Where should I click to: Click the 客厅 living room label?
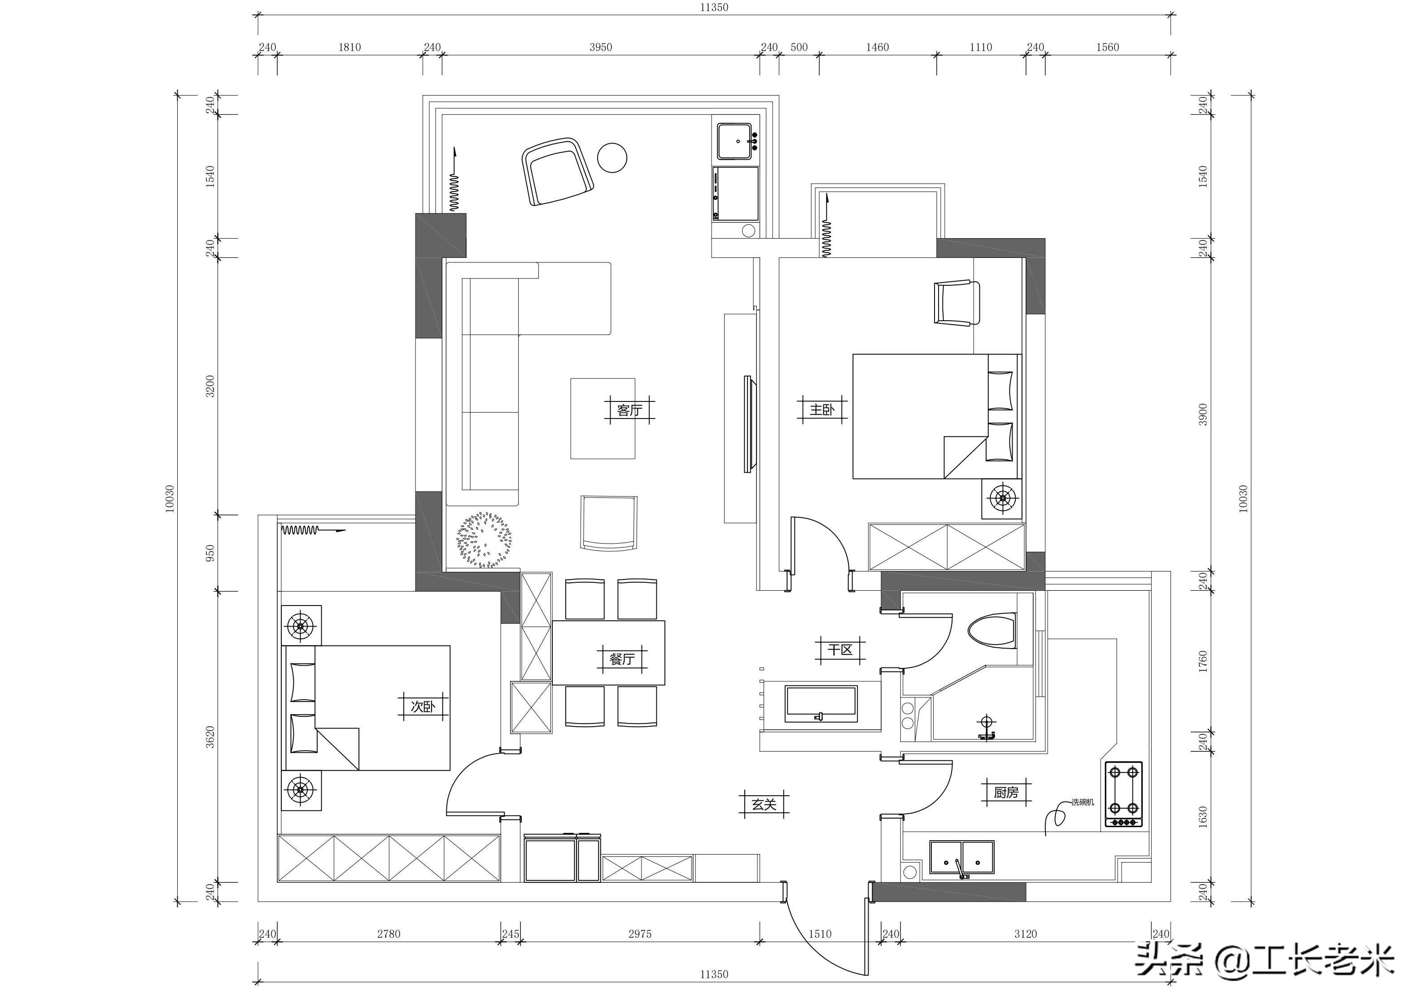(629, 410)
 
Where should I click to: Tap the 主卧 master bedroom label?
(822, 410)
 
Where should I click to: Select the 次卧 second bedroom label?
(423, 706)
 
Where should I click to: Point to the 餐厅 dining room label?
(622, 658)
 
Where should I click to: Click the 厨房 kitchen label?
(1006, 793)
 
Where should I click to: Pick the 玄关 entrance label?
(764, 804)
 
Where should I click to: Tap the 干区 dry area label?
(840, 650)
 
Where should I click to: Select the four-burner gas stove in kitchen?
(1123, 795)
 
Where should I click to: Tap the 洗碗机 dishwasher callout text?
(1083, 802)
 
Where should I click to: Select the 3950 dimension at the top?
(600, 47)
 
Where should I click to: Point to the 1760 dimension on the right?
(1203, 662)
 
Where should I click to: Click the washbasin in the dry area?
(821, 704)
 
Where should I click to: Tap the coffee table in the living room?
(603, 418)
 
